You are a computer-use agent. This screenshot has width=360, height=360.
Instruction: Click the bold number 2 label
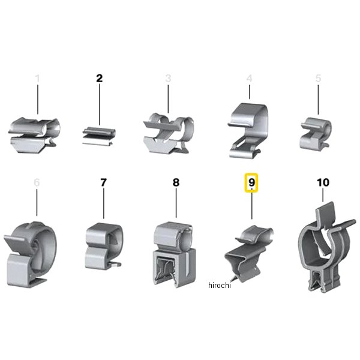99,78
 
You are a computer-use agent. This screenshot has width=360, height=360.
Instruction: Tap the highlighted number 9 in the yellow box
251,182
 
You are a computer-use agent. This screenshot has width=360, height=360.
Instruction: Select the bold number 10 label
323,182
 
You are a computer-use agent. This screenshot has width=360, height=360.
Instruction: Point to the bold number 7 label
104,182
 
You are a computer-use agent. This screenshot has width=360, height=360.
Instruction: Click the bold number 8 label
176,182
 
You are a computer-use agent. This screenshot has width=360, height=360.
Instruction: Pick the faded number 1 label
38,78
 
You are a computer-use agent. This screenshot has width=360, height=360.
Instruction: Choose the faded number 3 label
168,78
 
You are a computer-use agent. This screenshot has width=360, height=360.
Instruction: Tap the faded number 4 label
250,78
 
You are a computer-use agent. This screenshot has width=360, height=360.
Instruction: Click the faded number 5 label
318,78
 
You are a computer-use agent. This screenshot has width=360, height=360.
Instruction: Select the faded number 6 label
37,182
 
